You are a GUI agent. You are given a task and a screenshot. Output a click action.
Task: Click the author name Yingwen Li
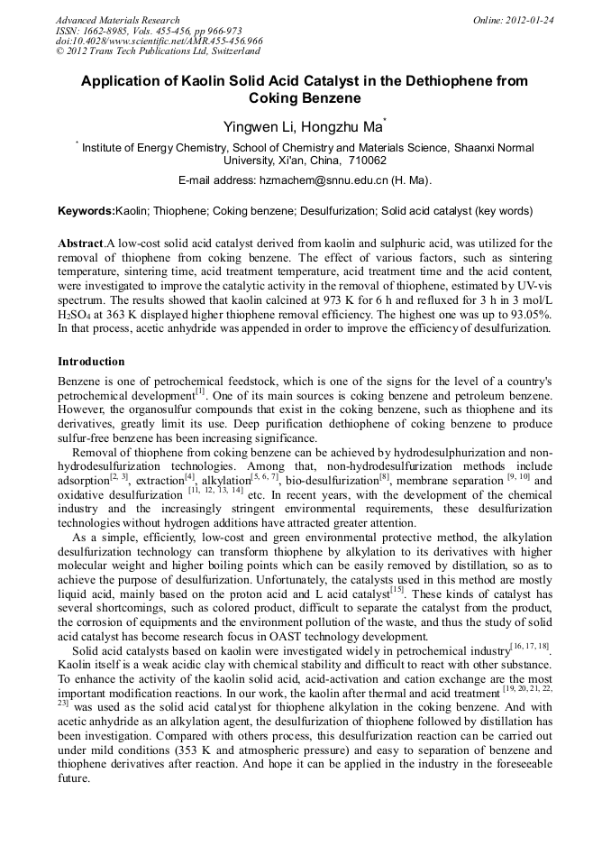[x=256, y=127]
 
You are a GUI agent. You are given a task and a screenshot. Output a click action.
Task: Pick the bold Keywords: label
[x=87, y=211]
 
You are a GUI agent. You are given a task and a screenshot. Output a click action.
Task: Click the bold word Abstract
[x=80, y=244]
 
